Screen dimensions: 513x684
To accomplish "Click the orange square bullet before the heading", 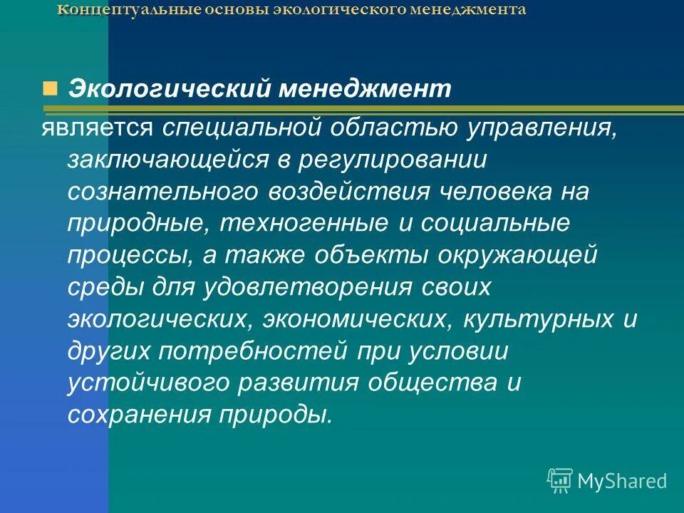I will pos(49,88).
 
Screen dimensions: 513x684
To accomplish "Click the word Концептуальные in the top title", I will pos(113,10).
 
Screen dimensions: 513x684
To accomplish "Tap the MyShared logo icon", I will pos(560,480).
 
